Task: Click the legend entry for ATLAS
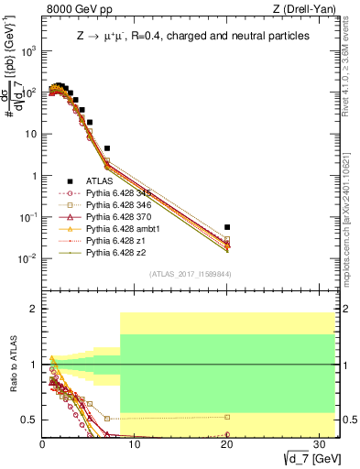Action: click(x=99, y=181)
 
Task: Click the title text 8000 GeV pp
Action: click(x=71, y=9)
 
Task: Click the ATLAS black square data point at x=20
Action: click(x=227, y=226)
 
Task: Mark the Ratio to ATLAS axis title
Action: click(x=12, y=364)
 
